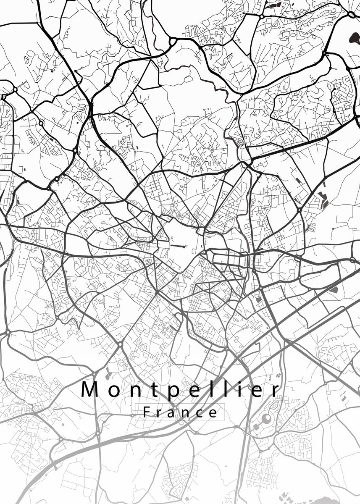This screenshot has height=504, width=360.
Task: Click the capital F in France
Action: [146, 412]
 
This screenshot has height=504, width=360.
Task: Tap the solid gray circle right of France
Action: [266, 418]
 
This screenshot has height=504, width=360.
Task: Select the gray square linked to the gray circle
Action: [256, 427]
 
